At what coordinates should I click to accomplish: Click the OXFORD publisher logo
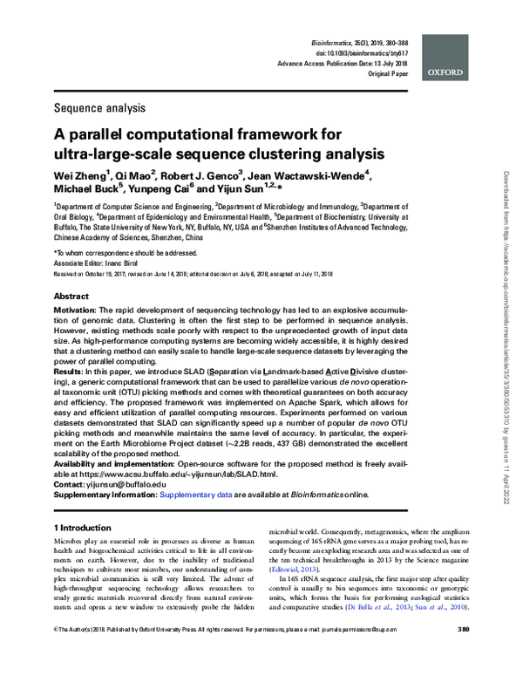tap(449, 73)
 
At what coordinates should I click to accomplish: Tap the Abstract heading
tap(71, 296)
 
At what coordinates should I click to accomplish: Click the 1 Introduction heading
tap(83, 529)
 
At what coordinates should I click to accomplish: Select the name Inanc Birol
tap(131, 262)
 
